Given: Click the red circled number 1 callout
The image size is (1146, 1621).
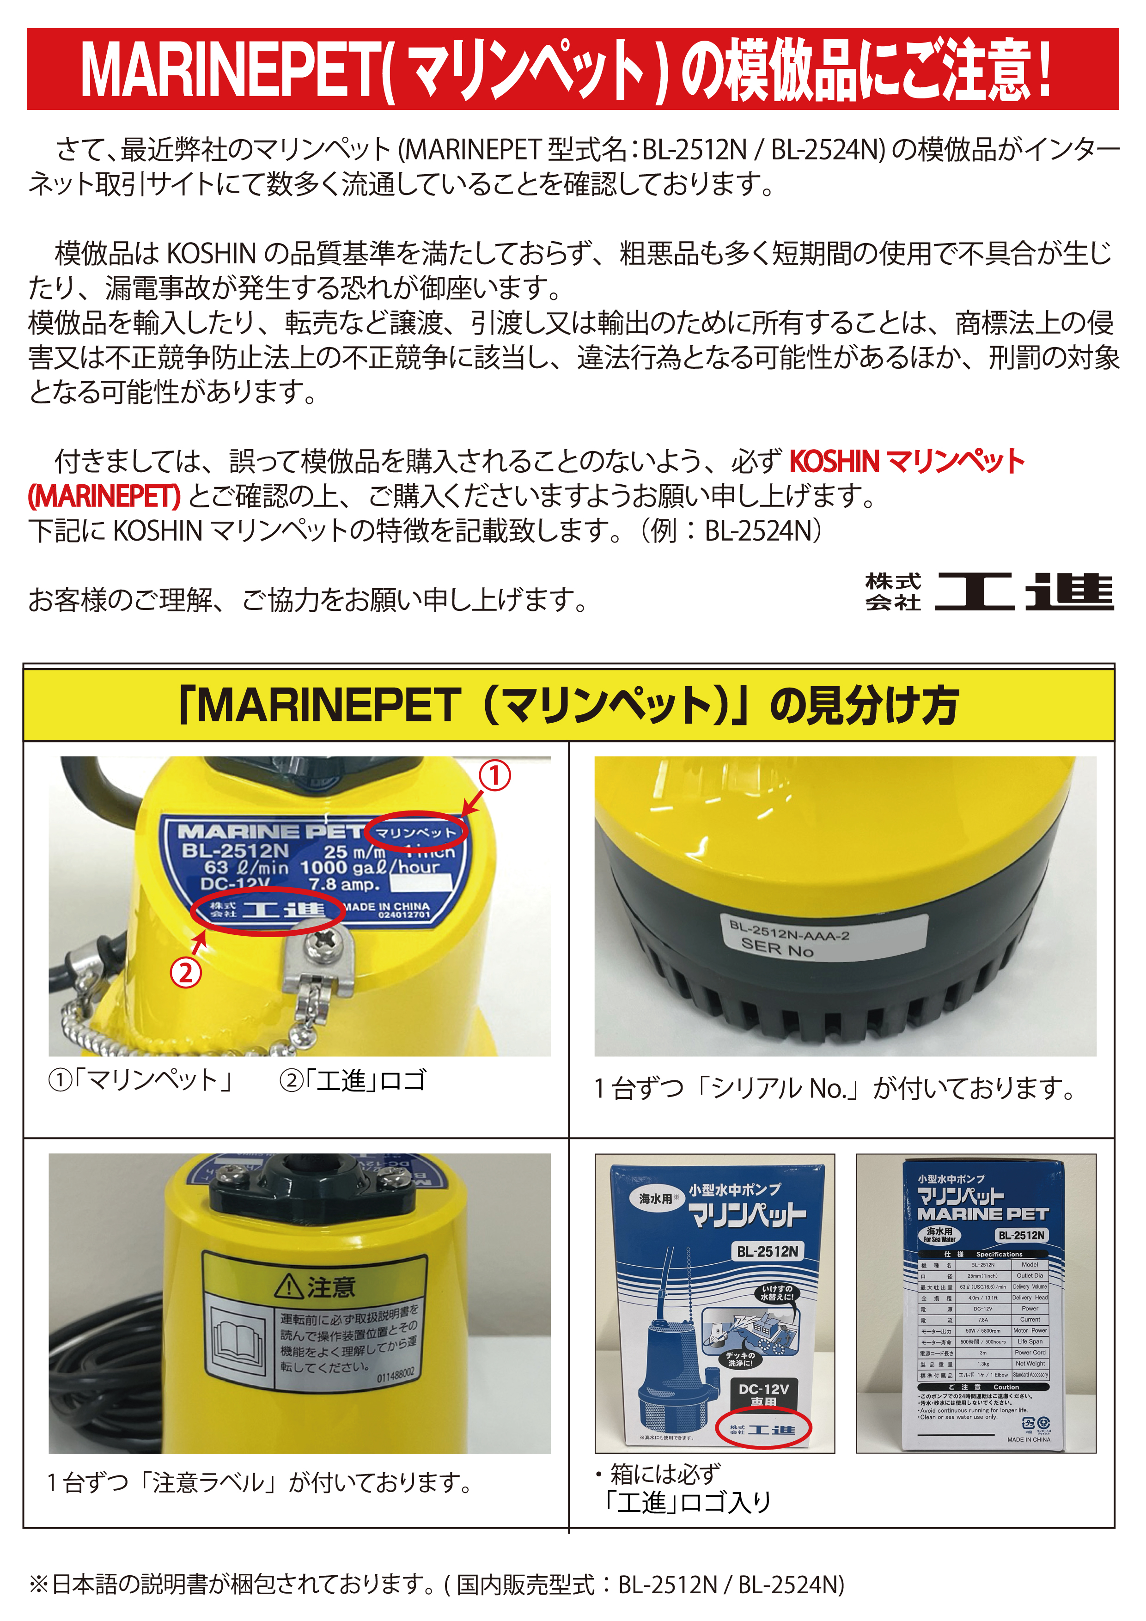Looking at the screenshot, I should pyautogui.click(x=495, y=776).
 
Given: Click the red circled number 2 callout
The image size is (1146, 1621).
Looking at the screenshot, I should pyautogui.click(x=186, y=973).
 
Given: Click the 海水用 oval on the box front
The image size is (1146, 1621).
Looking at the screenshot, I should pyautogui.click(x=658, y=1198).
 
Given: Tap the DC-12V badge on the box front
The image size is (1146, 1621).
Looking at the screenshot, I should pyautogui.click(x=763, y=1393).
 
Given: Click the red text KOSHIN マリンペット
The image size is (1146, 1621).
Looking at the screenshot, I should pyautogui.click(x=906, y=461).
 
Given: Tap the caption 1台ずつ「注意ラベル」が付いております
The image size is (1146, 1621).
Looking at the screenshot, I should pyautogui.click(x=259, y=1483).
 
